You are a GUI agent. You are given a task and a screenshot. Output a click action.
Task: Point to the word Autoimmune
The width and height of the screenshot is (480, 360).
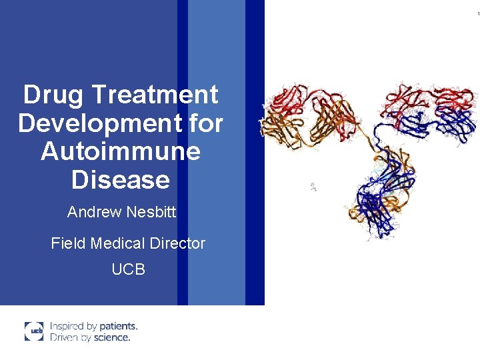pyautogui.click(x=121, y=151)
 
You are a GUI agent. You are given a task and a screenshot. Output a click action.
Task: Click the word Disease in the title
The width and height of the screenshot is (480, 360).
pyautogui.click(x=121, y=179)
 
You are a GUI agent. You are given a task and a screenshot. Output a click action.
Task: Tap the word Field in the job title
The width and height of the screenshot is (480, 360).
pyautogui.click(x=68, y=243)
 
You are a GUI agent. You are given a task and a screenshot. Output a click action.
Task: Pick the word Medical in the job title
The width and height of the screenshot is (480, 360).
pyautogui.click(x=118, y=243)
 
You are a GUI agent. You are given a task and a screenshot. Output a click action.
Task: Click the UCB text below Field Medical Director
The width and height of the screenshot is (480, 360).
pyautogui.click(x=129, y=269)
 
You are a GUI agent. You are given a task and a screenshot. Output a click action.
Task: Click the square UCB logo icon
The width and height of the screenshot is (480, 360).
pyautogui.click(x=34, y=331)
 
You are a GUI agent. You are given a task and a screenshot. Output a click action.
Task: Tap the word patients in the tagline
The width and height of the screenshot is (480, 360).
pyautogui.click(x=118, y=326)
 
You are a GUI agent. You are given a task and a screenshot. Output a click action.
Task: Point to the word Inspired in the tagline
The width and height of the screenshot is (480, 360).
pyautogui.click(x=67, y=326)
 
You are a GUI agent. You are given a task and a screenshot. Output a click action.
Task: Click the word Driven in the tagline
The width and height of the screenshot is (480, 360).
pyautogui.click(x=65, y=337)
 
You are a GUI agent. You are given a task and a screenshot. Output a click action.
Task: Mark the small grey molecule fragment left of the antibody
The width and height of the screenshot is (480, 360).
pyautogui.click(x=313, y=187)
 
